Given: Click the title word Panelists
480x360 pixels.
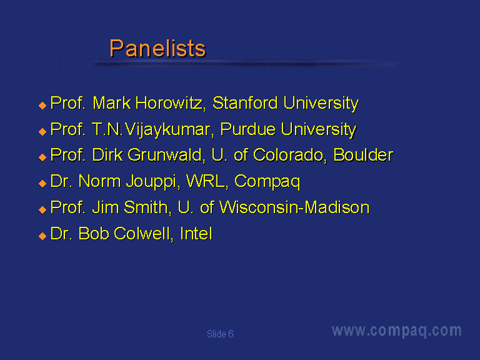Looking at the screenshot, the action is [x=157, y=48].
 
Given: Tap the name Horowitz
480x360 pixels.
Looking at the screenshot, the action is [x=168, y=103].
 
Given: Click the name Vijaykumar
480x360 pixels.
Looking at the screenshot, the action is [x=167, y=130].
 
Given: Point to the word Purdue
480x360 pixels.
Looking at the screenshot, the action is [x=247, y=129].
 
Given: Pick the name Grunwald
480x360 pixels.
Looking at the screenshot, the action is [x=164, y=155].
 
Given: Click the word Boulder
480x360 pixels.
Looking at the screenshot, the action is [x=363, y=155].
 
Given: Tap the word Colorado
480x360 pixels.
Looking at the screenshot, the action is [x=287, y=155].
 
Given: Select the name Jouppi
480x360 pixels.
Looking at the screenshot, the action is [x=151, y=182].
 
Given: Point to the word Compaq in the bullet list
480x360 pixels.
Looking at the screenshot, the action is [x=267, y=182].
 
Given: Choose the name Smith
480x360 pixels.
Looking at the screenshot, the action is [x=146, y=207].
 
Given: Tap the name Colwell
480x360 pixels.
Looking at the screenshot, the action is [x=142, y=234].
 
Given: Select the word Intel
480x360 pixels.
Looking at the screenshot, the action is [x=196, y=234].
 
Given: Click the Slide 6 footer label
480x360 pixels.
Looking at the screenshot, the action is [x=220, y=334].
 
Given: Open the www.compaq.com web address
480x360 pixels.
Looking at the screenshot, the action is [x=397, y=331].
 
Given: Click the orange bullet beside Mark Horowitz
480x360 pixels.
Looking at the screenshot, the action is [x=42, y=106].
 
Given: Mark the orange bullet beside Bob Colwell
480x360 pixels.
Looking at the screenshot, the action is [x=42, y=236].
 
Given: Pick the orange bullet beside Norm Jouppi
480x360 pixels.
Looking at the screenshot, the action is [x=42, y=184].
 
